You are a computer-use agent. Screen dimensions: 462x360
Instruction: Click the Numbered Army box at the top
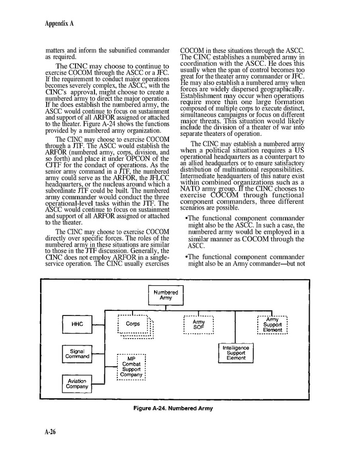pyautogui.click(x=166, y=295)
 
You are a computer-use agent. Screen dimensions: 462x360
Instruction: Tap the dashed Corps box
pyautogui.click(x=133, y=324)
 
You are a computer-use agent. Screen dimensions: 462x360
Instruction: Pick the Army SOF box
pyautogui.click(x=198, y=324)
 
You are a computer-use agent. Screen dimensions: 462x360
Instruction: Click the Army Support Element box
pyautogui.click(x=272, y=325)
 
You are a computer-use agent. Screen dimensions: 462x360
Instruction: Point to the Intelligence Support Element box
pyautogui.click(x=236, y=353)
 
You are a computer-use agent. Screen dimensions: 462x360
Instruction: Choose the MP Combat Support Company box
pyautogui.click(x=131, y=367)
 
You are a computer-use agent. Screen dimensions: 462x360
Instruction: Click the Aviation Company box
pyautogui.click(x=78, y=384)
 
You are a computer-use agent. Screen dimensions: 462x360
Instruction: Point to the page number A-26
pyautogui.click(x=50, y=432)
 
